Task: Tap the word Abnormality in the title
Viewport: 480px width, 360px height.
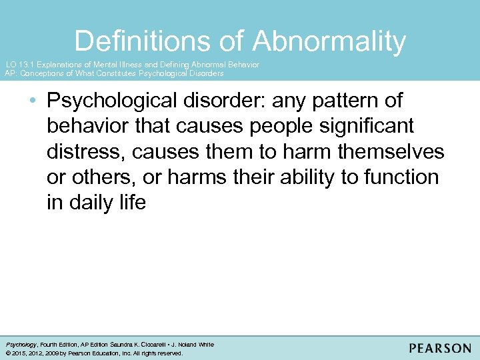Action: pyautogui.click(x=329, y=41)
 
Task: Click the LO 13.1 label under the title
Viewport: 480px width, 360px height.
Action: pyautogui.click(x=20, y=65)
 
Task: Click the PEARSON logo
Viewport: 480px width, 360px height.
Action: pyautogui.click(x=440, y=349)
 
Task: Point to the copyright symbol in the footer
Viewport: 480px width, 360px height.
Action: pyautogui.click(x=7, y=353)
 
